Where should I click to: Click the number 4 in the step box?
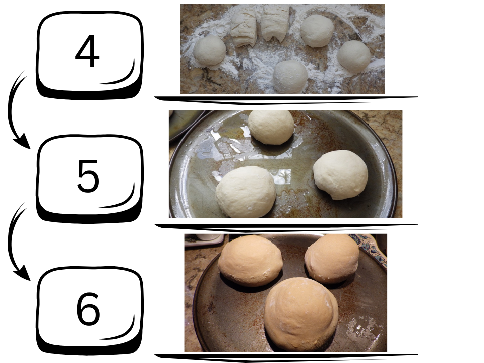point(87,51)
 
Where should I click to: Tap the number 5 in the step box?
point(88,176)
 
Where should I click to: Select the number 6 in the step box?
point(88,309)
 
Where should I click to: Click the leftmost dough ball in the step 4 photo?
point(210,50)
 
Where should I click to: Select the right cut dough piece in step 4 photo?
point(275,24)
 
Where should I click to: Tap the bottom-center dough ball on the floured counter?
point(290,77)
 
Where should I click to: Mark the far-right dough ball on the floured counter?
point(354,56)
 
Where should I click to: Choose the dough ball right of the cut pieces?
point(317,31)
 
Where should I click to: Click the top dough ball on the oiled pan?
point(271,127)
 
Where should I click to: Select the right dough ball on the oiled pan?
point(340,175)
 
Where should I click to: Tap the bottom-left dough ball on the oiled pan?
point(246,192)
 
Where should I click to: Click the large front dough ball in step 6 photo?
point(301,315)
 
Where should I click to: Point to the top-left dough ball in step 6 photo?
point(251,261)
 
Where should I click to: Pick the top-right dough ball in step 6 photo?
point(332,259)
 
